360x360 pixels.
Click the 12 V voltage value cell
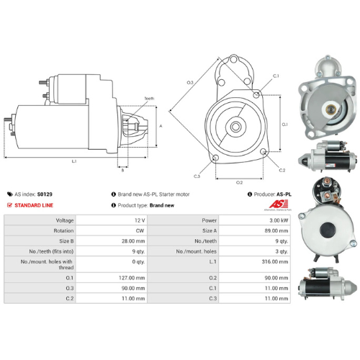coord(139,220)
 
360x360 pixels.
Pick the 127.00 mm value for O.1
coord(135,277)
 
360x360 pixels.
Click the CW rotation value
coord(140,230)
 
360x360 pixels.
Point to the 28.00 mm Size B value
coord(135,241)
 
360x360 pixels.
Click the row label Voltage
coord(65,220)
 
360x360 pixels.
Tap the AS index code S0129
coord(45,194)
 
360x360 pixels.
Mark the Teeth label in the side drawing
coord(149,98)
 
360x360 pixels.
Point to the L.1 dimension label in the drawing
coord(74,161)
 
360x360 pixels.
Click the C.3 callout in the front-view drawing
coord(197,175)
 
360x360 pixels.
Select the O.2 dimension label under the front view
coord(240,182)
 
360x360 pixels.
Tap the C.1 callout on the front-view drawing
coord(276,75)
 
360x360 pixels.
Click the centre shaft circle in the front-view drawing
coord(235,126)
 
